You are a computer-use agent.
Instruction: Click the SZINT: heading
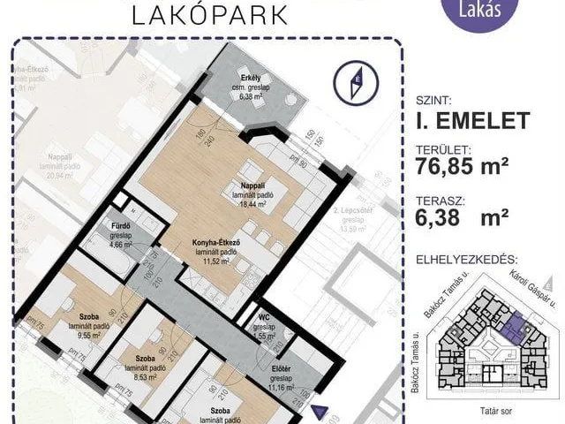pos(432,100)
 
